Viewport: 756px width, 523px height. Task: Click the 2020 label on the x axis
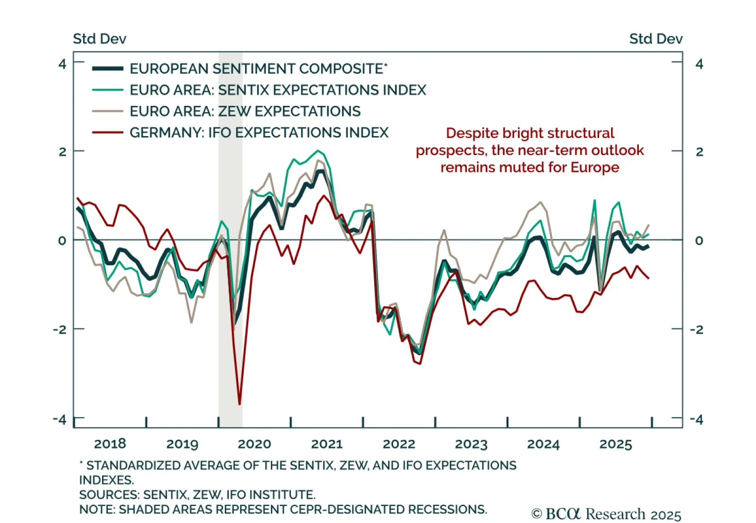(254, 444)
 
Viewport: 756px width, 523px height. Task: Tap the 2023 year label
(471, 444)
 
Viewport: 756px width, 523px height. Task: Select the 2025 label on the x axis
(615, 444)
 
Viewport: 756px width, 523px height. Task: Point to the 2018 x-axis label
(110, 444)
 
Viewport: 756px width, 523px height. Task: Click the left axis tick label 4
(62, 64)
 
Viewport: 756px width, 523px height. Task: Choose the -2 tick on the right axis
(696, 329)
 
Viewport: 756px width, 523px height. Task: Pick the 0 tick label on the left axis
(62, 240)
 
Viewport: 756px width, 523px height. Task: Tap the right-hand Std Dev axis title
(655, 39)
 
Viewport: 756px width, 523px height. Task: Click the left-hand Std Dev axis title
(99, 39)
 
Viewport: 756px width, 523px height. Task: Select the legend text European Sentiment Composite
(258, 69)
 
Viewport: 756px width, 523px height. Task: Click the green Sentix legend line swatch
(108, 90)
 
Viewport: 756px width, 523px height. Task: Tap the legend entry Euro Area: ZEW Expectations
(245, 111)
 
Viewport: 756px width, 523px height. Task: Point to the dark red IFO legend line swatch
(108, 133)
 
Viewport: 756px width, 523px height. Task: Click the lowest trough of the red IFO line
(240, 404)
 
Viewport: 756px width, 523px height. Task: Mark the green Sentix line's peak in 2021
(318, 151)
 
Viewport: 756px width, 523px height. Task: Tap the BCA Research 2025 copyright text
(606, 514)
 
